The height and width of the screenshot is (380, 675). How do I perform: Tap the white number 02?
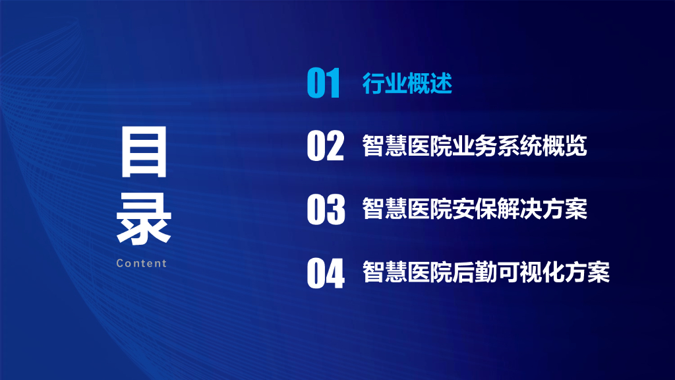click(x=325, y=146)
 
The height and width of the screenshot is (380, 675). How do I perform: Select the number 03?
click(x=325, y=209)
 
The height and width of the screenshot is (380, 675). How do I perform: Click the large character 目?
click(x=144, y=154)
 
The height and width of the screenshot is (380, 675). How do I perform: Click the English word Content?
click(x=141, y=263)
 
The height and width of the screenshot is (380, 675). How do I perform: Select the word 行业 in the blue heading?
click(x=384, y=84)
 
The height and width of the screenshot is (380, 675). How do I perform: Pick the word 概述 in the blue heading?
click(x=429, y=84)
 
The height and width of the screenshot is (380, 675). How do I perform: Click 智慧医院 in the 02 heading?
click(x=407, y=146)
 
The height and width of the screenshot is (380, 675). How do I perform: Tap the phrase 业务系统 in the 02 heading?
click(x=496, y=146)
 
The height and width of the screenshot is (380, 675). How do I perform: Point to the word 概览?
click(x=564, y=146)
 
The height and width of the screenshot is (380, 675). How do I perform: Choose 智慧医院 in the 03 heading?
click(x=407, y=209)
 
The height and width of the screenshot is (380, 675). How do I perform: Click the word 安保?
click(x=474, y=209)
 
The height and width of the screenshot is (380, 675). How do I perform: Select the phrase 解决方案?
click(x=542, y=209)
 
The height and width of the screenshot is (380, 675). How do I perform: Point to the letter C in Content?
click(x=120, y=263)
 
